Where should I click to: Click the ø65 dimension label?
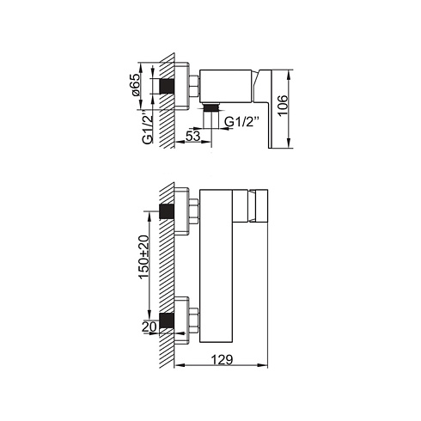[135, 84]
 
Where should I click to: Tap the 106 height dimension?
[283, 105]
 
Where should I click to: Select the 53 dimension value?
[193, 136]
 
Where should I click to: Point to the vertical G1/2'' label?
[147, 127]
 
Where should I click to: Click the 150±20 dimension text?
[144, 257]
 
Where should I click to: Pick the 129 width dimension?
[222, 359]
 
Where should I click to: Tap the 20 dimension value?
[149, 326]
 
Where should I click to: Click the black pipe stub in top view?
[167, 86]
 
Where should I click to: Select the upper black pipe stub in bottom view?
[167, 211]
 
